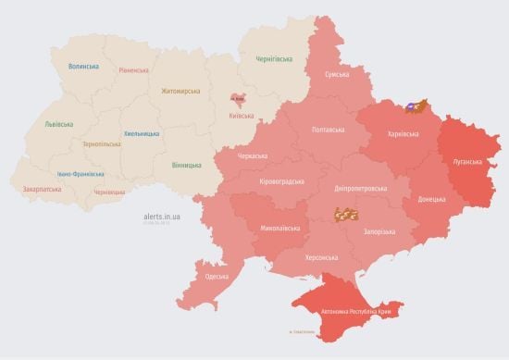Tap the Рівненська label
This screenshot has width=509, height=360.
pyautogui.click(x=135, y=70)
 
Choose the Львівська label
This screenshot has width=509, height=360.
pyautogui.click(x=61, y=123)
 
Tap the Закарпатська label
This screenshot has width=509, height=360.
pyautogui.click(x=43, y=189)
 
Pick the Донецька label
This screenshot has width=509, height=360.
pyautogui.click(x=431, y=199)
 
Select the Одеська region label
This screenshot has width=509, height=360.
pyautogui.click(x=217, y=277)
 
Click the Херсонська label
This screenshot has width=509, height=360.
pyautogui.click(x=317, y=258)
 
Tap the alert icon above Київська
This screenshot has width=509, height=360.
pyautogui.click(x=238, y=99)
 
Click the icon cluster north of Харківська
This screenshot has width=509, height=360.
pyautogui.click(x=419, y=106)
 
